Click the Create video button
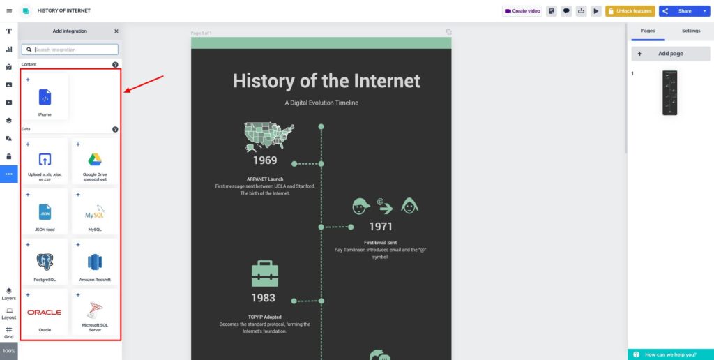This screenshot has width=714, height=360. (522, 11)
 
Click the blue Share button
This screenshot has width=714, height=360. (678, 11)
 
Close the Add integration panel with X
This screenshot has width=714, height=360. (116, 31)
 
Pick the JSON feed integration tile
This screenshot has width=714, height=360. (45, 213)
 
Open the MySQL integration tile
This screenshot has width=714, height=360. (96, 213)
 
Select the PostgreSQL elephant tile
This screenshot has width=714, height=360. (45, 263)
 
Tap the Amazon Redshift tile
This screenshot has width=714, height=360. (96, 263)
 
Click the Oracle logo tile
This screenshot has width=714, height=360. (45, 313)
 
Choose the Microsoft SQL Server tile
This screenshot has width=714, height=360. (96, 313)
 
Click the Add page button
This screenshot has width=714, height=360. (670, 54)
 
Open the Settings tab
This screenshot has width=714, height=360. (691, 31)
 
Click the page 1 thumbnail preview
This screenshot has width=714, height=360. (671, 93)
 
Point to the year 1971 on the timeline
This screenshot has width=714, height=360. (381, 226)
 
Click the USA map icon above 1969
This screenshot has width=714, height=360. (268, 136)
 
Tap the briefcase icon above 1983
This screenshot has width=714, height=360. (264, 273)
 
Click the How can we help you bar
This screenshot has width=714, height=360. (670, 354)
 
